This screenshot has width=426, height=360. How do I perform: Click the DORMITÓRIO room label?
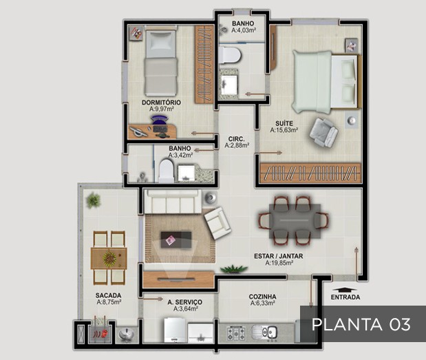pyautogui.click(x=161, y=103)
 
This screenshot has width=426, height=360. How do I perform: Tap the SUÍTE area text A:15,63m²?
pyautogui.click(x=284, y=130)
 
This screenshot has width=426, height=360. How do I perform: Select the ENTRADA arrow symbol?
pyautogui.click(x=345, y=290)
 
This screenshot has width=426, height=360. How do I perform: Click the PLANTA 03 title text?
pyautogui.click(x=361, y=324)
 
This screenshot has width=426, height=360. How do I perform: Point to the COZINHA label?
pyautogui.click(x=262, y=297)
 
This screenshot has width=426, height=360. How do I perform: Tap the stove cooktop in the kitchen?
pyautogui.click(x=236, y=333)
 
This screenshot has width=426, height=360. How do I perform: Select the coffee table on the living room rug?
pyautogui.click(x=176, y=240)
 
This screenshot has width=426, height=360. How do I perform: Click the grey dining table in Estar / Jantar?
pyautogui.click(x=295, y=221)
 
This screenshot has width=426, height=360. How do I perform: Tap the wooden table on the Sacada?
pyautogui.click(x=109, y=258)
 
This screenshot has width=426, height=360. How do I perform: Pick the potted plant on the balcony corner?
pyautogui.click(x=93, y=200)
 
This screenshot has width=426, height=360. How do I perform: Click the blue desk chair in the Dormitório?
pyautogui.click(x=160, y=121)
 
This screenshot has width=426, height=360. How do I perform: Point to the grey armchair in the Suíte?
pyautogui.click(x=323, y=132)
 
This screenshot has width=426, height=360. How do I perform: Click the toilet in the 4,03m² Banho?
pyautogui.click(x=230, y=55)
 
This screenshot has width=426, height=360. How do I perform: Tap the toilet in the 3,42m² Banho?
pyautogui.click(x=166, y=170)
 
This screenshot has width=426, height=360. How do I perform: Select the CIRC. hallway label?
pyautogui.click(x=236, y=139)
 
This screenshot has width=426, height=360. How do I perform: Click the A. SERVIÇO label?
pyautogui.click(x=184, y=302)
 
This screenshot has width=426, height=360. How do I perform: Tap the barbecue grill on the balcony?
pyautogui.click(x=100, y=331)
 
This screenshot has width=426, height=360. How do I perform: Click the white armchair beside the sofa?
pyautogui.click(x=217, y=223)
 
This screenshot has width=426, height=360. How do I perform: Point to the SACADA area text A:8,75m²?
pyautogui.click(x=109, y=302)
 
